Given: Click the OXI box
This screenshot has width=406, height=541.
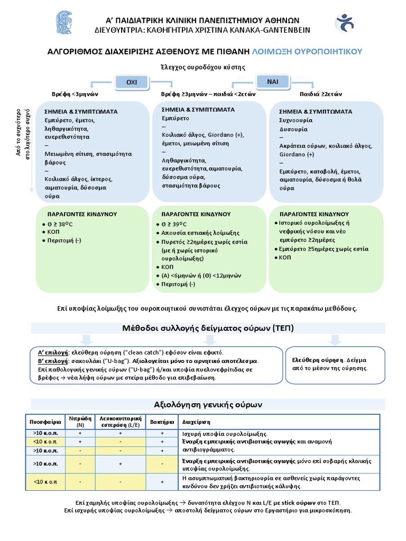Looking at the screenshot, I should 131,82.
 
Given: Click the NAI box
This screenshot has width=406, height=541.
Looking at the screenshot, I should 272,81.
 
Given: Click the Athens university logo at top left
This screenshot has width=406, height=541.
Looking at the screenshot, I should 67,24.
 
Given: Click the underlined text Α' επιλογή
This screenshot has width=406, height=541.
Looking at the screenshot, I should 54,352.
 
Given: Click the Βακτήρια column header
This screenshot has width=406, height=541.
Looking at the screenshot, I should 162,422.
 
